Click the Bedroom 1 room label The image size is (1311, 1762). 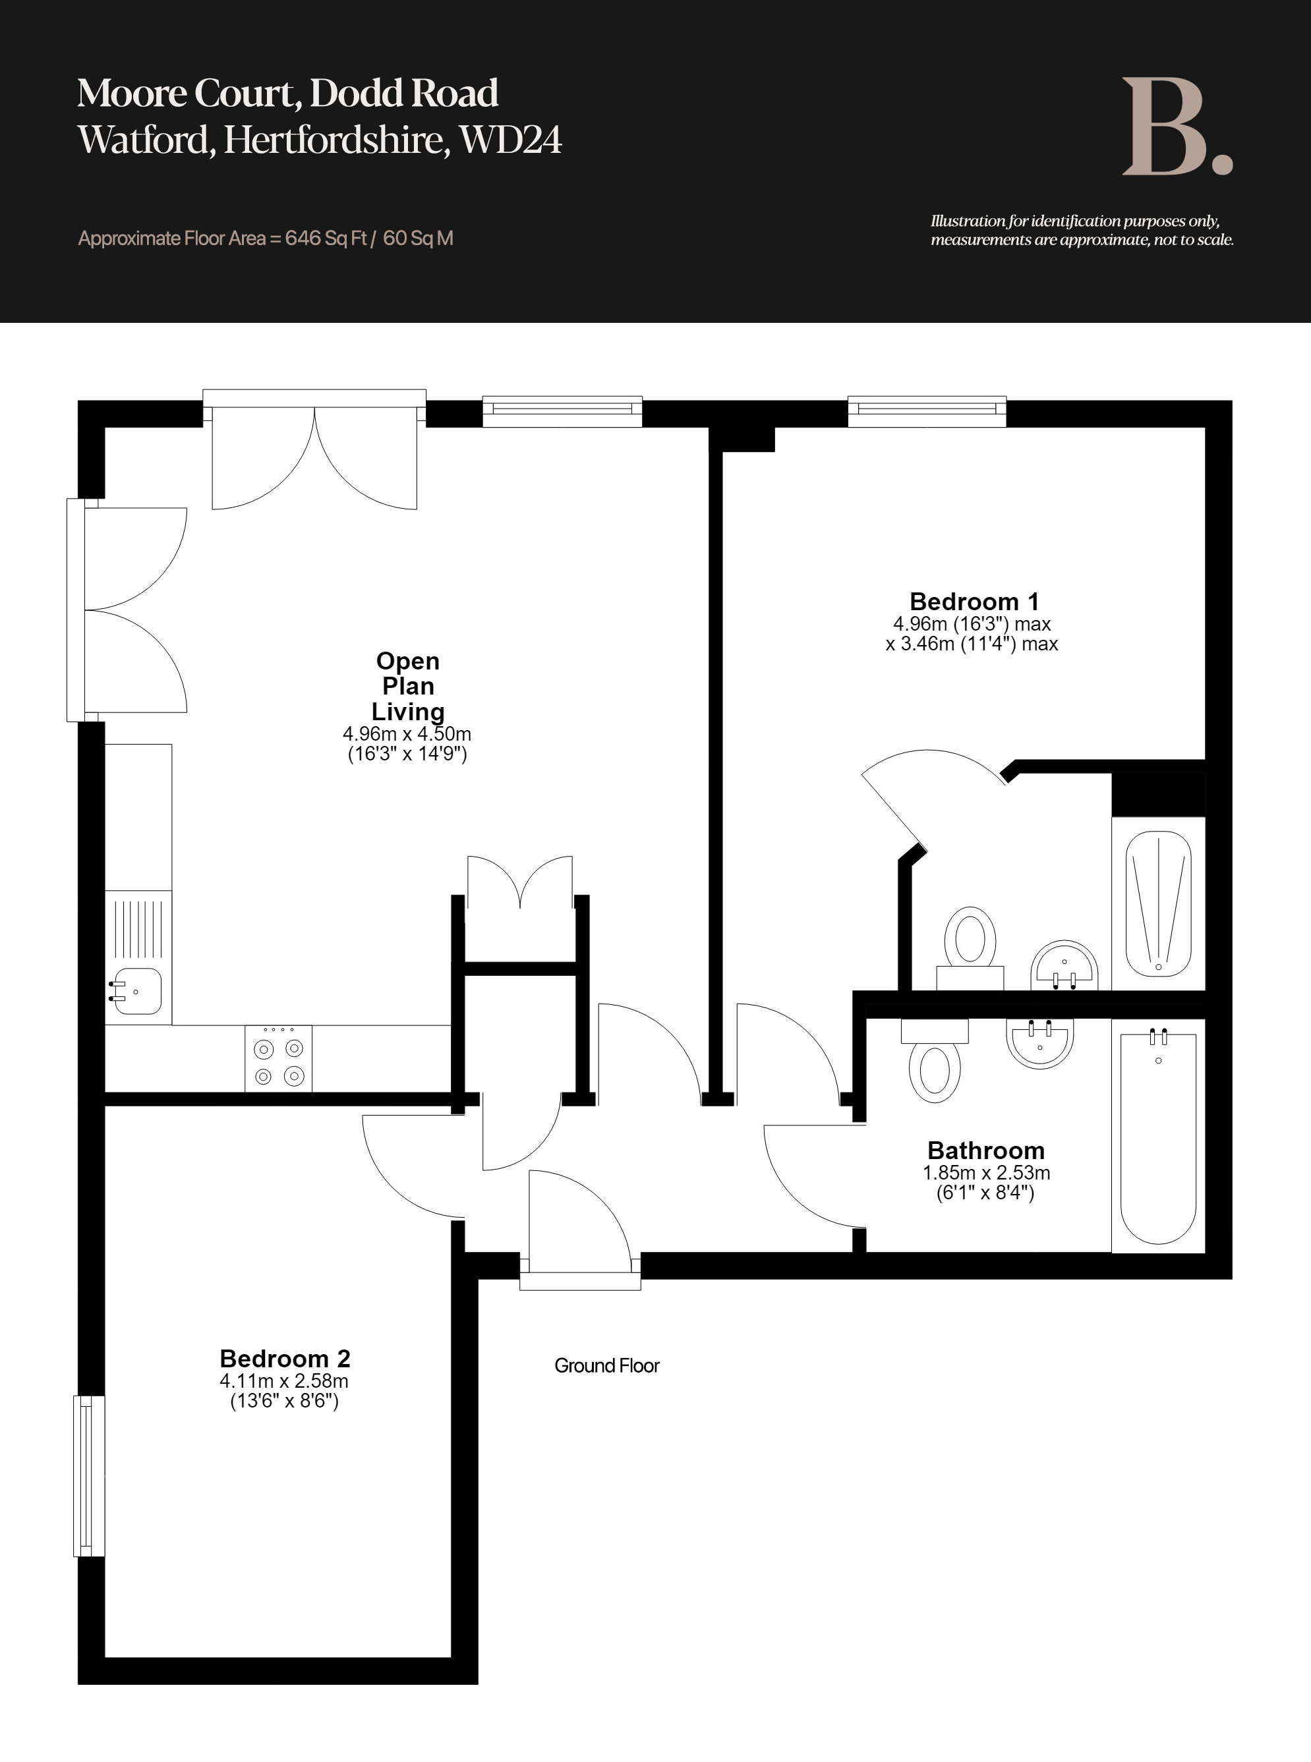pos(974,602)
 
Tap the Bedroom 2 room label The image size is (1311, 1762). pos(285,1358)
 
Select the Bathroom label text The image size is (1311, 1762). pos(985,1151)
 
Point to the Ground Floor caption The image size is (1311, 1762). pos(607,1365)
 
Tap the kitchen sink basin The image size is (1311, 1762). pos(138,991)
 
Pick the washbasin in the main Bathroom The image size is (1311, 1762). pos(1039,1043)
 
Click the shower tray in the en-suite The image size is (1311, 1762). pos(1159,903)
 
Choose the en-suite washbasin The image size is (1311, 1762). pos(1064,965)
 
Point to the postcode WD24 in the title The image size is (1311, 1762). pos(511,140)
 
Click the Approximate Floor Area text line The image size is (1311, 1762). pos(266,238)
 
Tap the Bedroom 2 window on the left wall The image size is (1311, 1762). pos(89,1475)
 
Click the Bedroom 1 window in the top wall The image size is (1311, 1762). pos(927,410)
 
